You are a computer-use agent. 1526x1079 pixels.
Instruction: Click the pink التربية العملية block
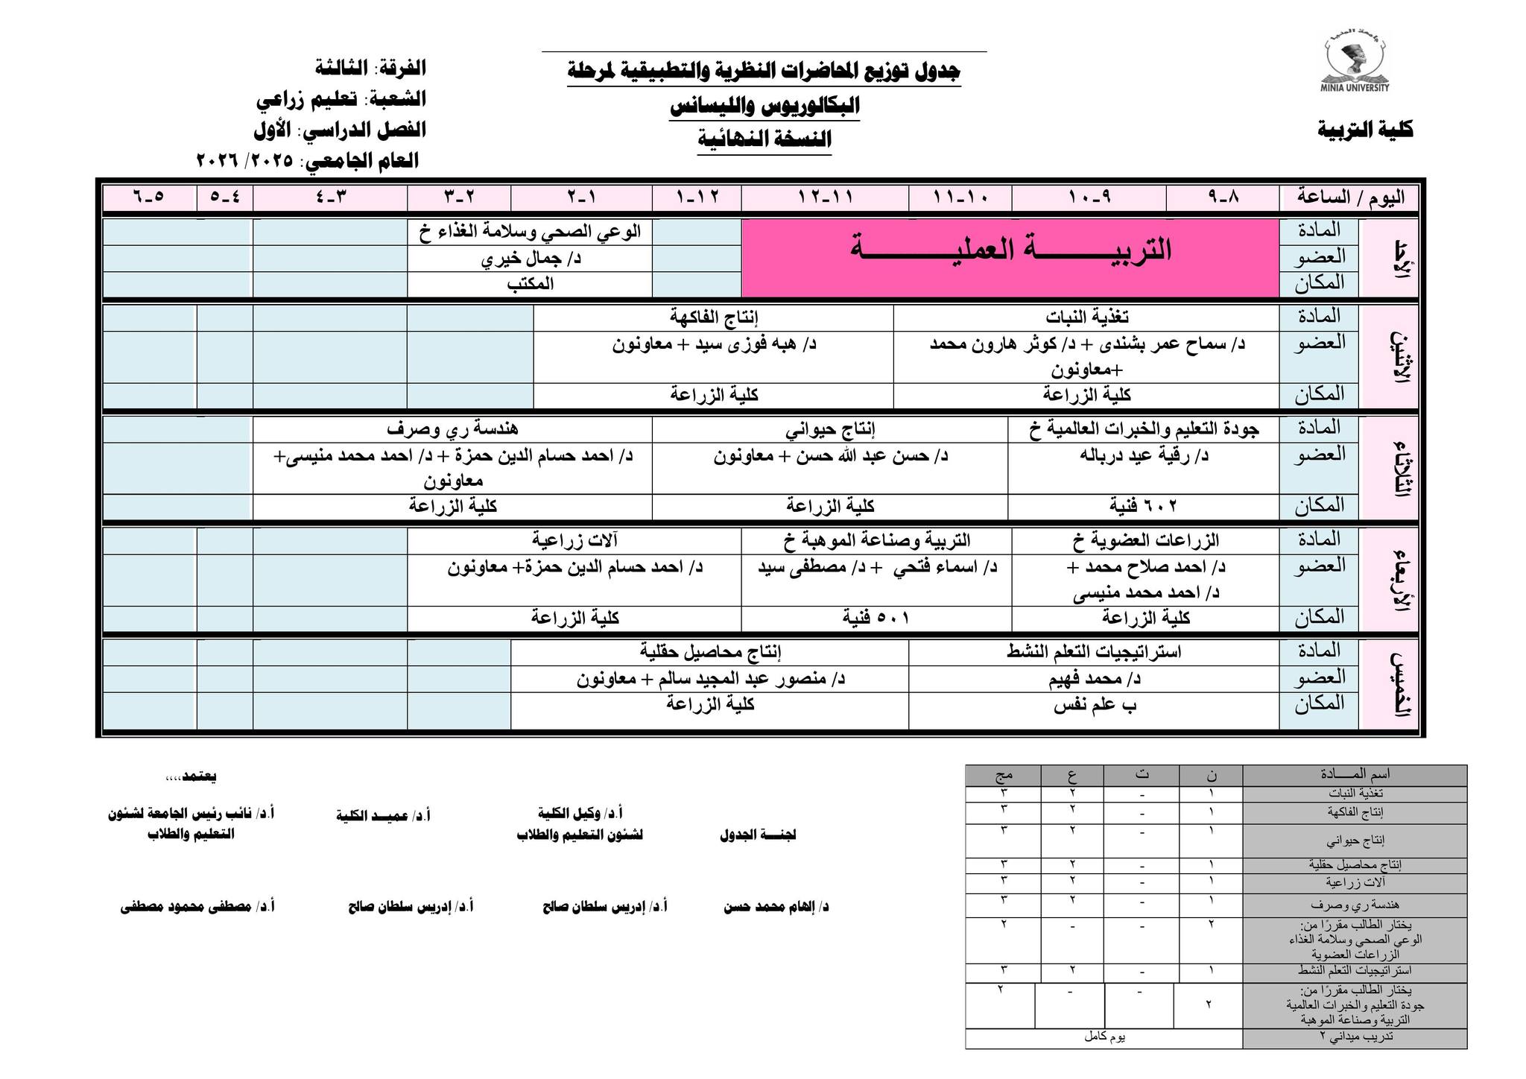tap(1010, 257)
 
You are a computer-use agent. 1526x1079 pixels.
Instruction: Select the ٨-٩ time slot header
tap(1223, 197)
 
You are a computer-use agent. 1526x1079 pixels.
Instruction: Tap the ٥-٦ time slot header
tap(149, 197)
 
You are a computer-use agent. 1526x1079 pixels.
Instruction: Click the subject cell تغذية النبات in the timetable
tap(1086, 317)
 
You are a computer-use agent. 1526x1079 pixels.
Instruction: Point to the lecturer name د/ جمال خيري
tap(530, 259)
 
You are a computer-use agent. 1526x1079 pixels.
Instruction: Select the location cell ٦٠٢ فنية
tap(1143, 507)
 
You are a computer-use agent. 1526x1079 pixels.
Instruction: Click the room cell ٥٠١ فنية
tap(876, 618)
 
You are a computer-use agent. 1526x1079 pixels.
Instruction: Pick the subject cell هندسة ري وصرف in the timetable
tap(452, 429)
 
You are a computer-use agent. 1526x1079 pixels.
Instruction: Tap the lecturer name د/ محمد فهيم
tap(1094, 679)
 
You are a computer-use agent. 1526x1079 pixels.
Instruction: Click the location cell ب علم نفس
tap(1094, 705)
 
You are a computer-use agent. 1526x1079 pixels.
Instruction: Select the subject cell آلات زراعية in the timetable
tap(574, 540)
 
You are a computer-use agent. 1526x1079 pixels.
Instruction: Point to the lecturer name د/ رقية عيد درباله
tap(1144, 455)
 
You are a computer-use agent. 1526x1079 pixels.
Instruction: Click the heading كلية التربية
tap(1365, 130)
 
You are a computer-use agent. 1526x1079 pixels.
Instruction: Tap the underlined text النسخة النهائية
tap(764, 139)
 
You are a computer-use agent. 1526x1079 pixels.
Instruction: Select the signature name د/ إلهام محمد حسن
tap(776, 907)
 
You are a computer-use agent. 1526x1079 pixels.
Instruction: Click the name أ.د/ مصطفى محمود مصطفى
tap(197, 907)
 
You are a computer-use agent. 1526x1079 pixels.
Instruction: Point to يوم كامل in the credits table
tap(1104, 1037)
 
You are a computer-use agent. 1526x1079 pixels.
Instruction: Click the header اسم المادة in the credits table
tap(1354, 775)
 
